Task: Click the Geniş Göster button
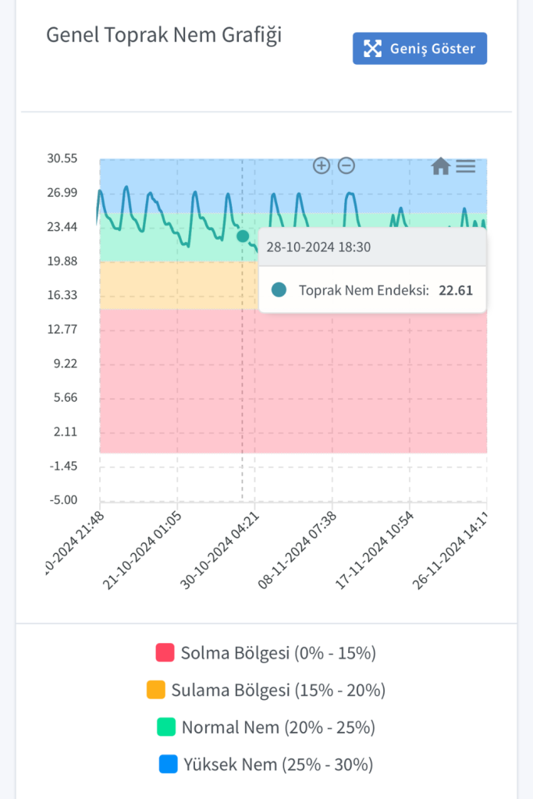click(x=420, y=48)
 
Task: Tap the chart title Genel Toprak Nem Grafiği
click(x=164, y=36)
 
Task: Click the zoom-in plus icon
click(x=321, y=165)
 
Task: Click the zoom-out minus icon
click(x=346, y=165)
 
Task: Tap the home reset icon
click(x=440, y=165)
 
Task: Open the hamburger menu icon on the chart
click(x=466, y=165)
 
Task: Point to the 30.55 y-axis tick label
click(x=62, y=158)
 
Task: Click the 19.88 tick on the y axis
click(x=62, y=261)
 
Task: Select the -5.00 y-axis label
click(x=62, y=500)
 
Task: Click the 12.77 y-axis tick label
click(x=62, y=329)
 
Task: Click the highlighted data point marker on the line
click(x=243, y=236)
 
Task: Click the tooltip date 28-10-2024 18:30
click(x=318, y=247)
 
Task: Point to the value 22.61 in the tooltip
click(x=456, y=290)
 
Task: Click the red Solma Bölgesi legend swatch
click(x=165, y=652)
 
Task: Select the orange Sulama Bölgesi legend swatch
click(x=155, y=690)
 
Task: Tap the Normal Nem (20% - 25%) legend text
click(x=278, y=727)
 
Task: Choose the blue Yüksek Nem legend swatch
click(x=168, y=764)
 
